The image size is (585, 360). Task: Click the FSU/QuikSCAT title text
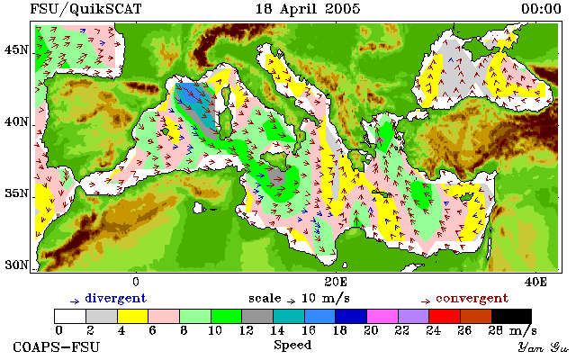pyautogui.click(x=85, y=9)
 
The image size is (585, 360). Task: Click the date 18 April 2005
pyautogui.click(x=308, y=9)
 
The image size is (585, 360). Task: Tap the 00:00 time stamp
pyautogui.click(x=541, y=9)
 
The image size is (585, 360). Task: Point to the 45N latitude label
pyautogui.click(x=16, y=49)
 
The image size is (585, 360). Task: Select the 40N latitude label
pyautogui.click(x=16, y=122)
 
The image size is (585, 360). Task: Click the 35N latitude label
pyautogui.click(x=16, y=193)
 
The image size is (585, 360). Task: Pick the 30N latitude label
pyautogui.click(x=16, y=265)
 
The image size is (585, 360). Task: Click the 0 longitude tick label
pyautogui.click(x=136, y=282)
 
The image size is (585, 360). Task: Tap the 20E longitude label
pyautogui.click(x=336, y=282)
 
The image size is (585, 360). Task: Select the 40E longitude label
pyautogui.click(x=535, y=282)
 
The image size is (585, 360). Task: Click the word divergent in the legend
pyautogui.click(x=116, y=299)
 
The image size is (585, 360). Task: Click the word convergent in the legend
pyautogui.click(x=472, y=299)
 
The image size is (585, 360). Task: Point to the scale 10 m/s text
pyautogui.click(x=299, y=299)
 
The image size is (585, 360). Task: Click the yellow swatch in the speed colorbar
pyautogui.click(x=133, y=317)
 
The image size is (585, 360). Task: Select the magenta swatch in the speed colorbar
pyautogui.click(x=382, y=317)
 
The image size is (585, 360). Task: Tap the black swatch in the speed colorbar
pyautogui.click(x=511, y=317)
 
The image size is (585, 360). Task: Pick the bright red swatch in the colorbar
pyautogui.click(x=445, y=317)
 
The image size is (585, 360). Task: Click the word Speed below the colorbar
pyautogui.click(x=292, y=346)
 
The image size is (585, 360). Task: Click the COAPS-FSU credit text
pyautogui.click(x=57, y=347)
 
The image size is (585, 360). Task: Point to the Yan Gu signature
pyautogui.click(x=543, y=348)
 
